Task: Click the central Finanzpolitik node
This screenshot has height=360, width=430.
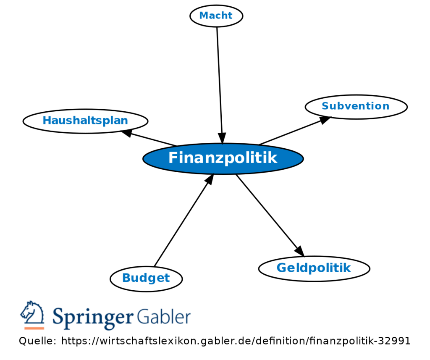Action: [x=223, y=158]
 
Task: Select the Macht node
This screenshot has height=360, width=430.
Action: [x=216, y=16]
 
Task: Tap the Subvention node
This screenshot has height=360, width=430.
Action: [x=356, y=106]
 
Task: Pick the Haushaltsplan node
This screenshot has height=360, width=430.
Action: [x=85, y=121]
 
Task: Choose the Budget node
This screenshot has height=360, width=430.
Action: [x=146, y=278]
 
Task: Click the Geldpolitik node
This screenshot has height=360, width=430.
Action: [x=314, y=268]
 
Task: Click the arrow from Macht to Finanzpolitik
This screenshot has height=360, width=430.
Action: [x=219, y=80]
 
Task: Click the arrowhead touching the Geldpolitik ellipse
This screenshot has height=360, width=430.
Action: [x=299, y=251]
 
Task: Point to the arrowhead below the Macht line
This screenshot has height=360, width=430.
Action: [x=222, y=138]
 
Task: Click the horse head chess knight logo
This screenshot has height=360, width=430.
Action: [x=33, y=313]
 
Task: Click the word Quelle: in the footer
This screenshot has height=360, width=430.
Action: [x=37, y=341]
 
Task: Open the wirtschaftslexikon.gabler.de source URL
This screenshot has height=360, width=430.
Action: [x=236, y=341]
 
